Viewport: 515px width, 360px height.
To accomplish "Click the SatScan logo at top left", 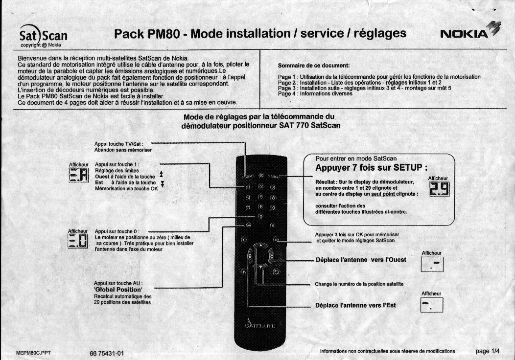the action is pyautogui.click(x=43, y=36).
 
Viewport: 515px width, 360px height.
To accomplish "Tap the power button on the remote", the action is pyautogui.click(x=260, y=175).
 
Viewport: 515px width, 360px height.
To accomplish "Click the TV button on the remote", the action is pyautogui.click(x=244, y=270).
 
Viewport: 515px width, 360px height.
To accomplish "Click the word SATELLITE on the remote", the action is pyautogui.click(x=260, y=325).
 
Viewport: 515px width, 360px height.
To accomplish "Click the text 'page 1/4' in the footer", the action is pyautogui.click(x=488, y=351).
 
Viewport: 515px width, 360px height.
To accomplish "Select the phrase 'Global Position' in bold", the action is pyautogui.click(x=118, y=290).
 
